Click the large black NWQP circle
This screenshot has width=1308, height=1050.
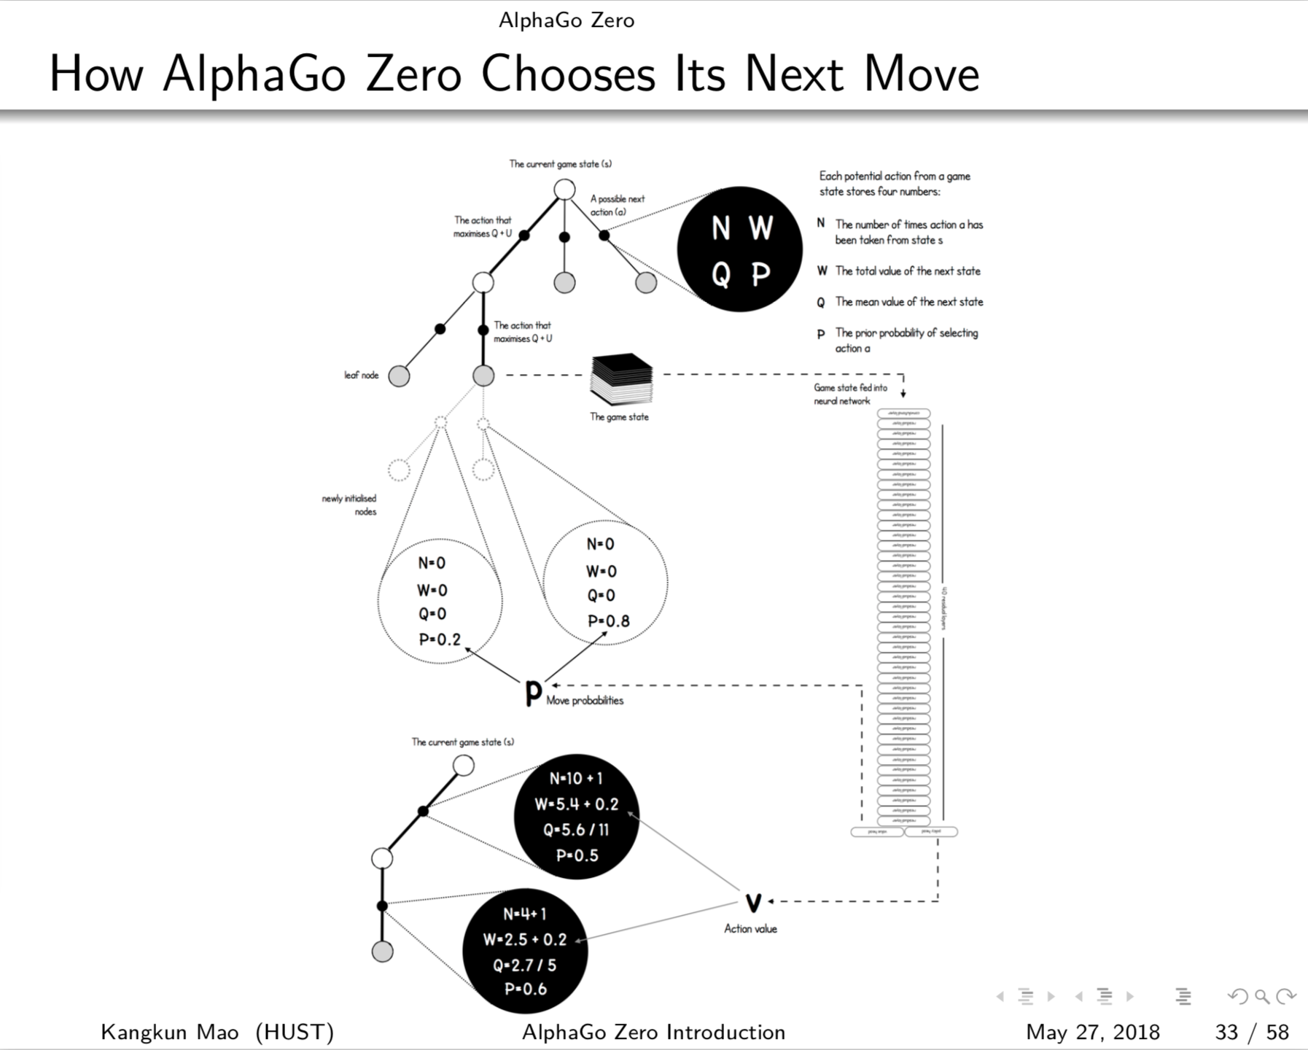click(739, 249)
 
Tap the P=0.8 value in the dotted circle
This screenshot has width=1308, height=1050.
click(608, 621)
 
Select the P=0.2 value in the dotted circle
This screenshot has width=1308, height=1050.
click(440, 639)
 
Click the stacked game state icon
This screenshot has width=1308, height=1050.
click(621, 379)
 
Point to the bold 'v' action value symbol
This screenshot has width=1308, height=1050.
click(753, 903)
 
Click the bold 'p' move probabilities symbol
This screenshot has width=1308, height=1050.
click(534, 692)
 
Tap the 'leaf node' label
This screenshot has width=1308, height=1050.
click(362, 376)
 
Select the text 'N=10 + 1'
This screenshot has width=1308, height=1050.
click(576, 779)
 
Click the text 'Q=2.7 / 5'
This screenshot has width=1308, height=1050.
click(525, 965)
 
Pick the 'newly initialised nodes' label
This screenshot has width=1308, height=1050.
click(350, 505)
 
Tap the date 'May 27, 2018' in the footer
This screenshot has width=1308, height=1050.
click(1092, 1032)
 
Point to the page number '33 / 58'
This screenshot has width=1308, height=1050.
click(1251, 1032)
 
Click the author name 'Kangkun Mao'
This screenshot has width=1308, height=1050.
click(169, 1032)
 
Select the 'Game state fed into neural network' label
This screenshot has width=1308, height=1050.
click(850, 394)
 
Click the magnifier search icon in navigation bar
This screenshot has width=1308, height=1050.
click(1262, 996)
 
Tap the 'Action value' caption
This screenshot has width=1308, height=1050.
click(750, 929)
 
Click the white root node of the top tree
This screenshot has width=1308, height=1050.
click(564, 190)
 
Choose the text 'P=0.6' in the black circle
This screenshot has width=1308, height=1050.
click(525, 989)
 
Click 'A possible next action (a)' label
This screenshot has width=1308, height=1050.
click(617, 205)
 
